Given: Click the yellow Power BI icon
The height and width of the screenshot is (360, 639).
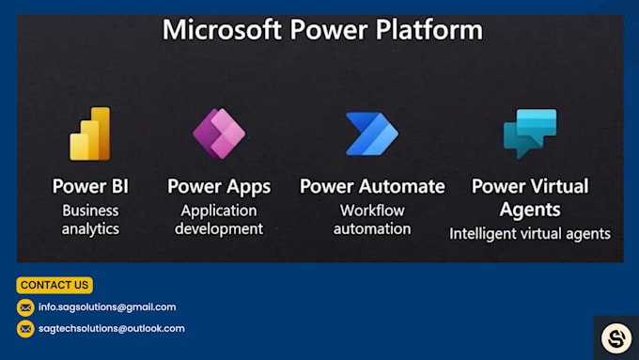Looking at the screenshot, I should (x=90, y=133).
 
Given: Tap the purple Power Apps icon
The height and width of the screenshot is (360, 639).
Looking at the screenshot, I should (x=219, y=133).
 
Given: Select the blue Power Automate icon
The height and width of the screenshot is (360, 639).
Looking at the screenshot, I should (x=372, y=133).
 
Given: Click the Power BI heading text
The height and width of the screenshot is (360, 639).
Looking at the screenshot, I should (x=91, y=186).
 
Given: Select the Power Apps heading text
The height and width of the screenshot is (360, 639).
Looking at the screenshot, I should (x=219, y=186).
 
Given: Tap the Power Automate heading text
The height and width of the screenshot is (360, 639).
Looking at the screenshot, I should (x=372, y=186).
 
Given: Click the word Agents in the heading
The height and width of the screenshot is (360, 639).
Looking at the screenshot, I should (x=530, y=209).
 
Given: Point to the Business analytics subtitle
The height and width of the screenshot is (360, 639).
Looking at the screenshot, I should (x=91, y=219).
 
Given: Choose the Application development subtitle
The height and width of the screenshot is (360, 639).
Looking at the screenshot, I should (x=219, y=219).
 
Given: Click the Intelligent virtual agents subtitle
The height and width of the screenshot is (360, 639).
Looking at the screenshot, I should (x=530, y=233).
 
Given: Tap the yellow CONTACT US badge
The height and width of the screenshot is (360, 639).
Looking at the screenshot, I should (x=55, y=285).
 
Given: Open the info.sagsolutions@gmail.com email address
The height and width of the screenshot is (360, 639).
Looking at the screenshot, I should (x=107, y=307).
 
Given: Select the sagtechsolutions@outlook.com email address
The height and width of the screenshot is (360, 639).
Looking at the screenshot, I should (x=112, y=329).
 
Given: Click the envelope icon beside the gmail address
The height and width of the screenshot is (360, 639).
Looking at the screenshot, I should (x=25, y=307).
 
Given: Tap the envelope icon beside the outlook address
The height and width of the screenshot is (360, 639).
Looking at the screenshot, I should (x=25, y=329).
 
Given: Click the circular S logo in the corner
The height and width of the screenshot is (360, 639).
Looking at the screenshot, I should (x=616, y=337).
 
